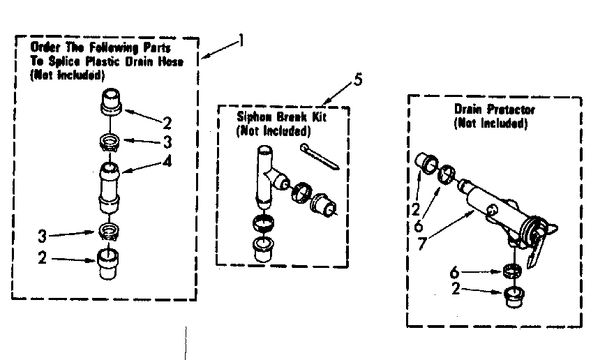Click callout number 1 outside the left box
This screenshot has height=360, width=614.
pyautogui.click(x=241, y=40)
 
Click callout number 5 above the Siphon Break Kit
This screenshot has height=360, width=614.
pyautogui.click(x=357, y=79)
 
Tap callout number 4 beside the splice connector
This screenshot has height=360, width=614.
pyautogui.click(x=167, y=163)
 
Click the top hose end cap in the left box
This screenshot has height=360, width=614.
pyautogui.click(x=111, y=101)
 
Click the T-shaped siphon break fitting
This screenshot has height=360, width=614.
pyautogui.click(x=269, y=174)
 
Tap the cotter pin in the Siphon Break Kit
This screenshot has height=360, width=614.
pyautogui.click(x=318, y=156)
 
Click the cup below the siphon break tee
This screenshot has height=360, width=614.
pyautogui.click(x=262, y=250)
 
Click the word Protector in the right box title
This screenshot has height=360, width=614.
pyautogui.click(x=511, y=110)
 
